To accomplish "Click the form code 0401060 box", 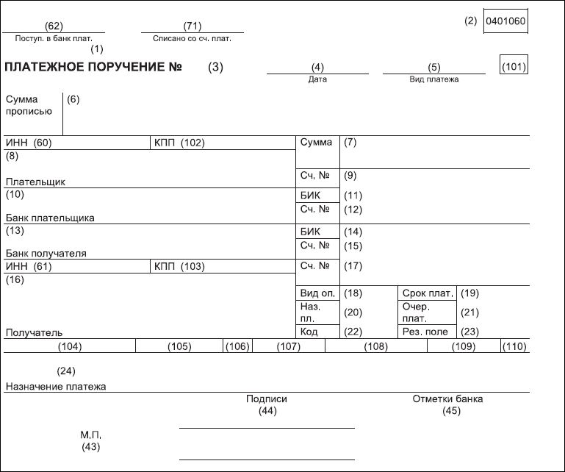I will point(505,21).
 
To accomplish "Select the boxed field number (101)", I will point(514,67).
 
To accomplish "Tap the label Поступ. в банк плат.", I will point(54,37).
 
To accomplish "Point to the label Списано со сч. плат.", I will point(192,37).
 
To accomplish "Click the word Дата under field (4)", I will point(317,79).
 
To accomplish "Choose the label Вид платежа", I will point(433,79).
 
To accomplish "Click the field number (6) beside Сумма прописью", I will point(73,99).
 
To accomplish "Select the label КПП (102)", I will point(179,143).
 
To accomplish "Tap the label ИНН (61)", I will point(28,266).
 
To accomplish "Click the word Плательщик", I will point(35,181).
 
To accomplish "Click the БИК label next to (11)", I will point(311,196).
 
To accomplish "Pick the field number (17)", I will point(353,266).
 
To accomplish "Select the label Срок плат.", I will point(427,293).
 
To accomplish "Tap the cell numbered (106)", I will point(237,346).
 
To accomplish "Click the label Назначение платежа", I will point(56,386).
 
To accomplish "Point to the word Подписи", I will point(267,399).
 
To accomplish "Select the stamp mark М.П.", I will point(90,435).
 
